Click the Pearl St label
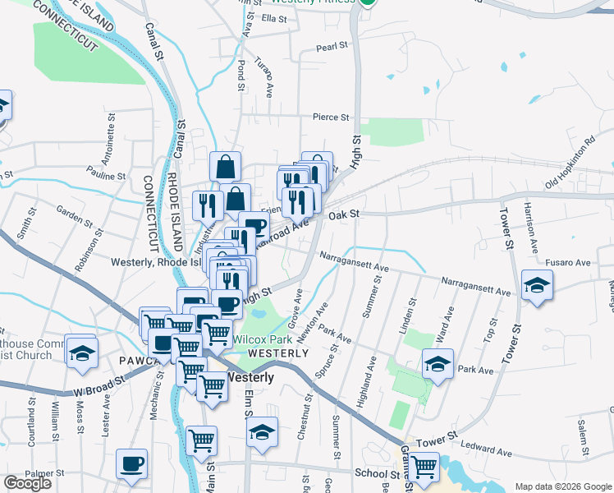[332, 47]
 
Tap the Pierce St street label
[331, 117]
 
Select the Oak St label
[345, 214]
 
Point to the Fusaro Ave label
[571, 263]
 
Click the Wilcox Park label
[263, 339]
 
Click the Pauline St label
[107, 176]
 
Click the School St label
[376, 473]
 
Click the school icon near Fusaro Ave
[537, 285]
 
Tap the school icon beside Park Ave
[438, 363]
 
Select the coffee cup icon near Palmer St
[131, 463]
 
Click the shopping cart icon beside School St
[424, 467]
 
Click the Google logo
[27, 483]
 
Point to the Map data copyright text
[563, 486]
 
